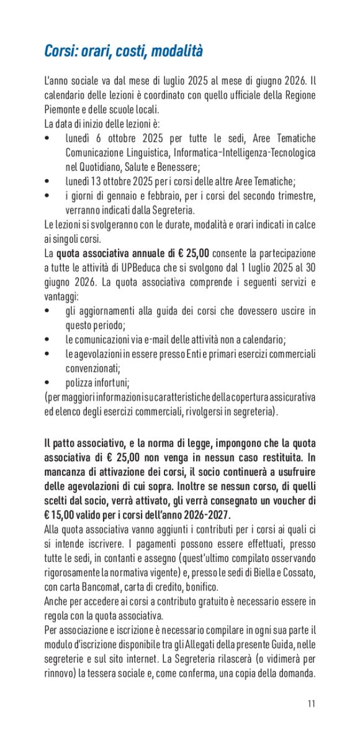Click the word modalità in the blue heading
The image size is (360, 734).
click(x=175, y=51)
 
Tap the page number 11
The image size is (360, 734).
click(x=311, y=703)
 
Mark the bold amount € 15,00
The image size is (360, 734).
click(x=62, y=514)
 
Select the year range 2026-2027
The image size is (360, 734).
click(x=205, y=514)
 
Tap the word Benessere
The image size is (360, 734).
click(x=176, y=166)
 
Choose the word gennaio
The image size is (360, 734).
click(x=122, y=196)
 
